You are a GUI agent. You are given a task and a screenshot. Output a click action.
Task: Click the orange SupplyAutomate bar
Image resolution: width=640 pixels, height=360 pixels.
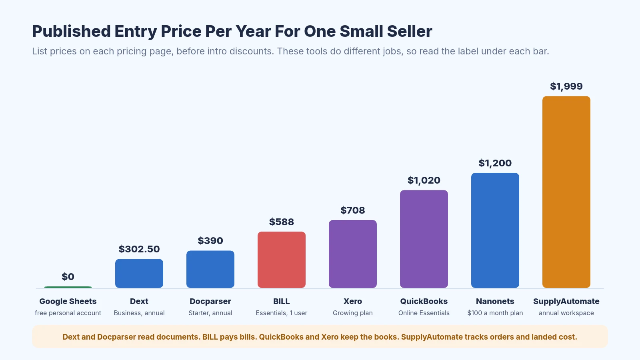pyautogui.click(x=566, y=192)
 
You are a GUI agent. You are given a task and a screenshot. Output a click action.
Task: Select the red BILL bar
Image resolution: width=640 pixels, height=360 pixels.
pyautogui.click(x=282, y=260)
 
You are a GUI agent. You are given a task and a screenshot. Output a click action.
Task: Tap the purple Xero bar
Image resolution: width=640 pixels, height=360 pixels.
pyautogui.click(x=352, y=254)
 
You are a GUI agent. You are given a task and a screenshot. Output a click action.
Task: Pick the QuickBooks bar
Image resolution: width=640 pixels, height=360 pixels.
pyautogui.click(x=424, y=239)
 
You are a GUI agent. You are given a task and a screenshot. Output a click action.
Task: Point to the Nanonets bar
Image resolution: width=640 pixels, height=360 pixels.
pyautogui.click(x=495, y=230)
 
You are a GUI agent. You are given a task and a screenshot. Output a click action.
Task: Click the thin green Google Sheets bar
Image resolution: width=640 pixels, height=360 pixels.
pyautogui.click(x=68, y=287)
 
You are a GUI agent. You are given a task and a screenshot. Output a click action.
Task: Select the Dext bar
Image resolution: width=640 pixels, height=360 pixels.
pyautogui.click(x=139, y=274)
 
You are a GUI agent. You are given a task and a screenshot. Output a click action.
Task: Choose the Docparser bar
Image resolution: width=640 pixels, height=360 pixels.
pyautogui.click(x=210, y=269)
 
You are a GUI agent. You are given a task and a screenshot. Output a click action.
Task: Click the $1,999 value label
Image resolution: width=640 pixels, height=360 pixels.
pyautogui.click(x=566, y=86)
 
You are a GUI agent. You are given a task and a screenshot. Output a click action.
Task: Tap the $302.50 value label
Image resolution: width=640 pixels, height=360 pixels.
pyautogui.click(x=139, y=249)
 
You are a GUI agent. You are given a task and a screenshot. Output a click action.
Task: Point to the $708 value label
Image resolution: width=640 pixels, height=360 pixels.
pyautogui.click(x=352, y=210)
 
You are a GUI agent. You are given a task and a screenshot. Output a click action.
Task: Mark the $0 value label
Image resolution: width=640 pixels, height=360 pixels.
pyautogui.click(x=68, y=276)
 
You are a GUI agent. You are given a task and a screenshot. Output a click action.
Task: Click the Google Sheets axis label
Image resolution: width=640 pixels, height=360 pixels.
pyautogui.click(x=68, y=301)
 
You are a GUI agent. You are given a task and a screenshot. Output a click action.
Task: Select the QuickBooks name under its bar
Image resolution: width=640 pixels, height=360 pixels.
pyautogui.click(x=424, y=301)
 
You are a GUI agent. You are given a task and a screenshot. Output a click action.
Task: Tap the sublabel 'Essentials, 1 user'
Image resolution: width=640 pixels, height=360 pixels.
pyautogui.click(x=282, y=313)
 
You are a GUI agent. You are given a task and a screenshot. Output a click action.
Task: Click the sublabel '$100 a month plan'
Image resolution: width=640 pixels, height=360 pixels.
pyautogui.click(x=495, y=313)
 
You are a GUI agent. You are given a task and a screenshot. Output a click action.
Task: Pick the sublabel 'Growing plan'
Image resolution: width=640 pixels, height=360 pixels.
pyautogui.click(x=352, y=313)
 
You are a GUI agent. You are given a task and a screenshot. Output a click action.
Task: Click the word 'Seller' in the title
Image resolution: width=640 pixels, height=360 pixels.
pyautogui.click(x=410, y=31)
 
